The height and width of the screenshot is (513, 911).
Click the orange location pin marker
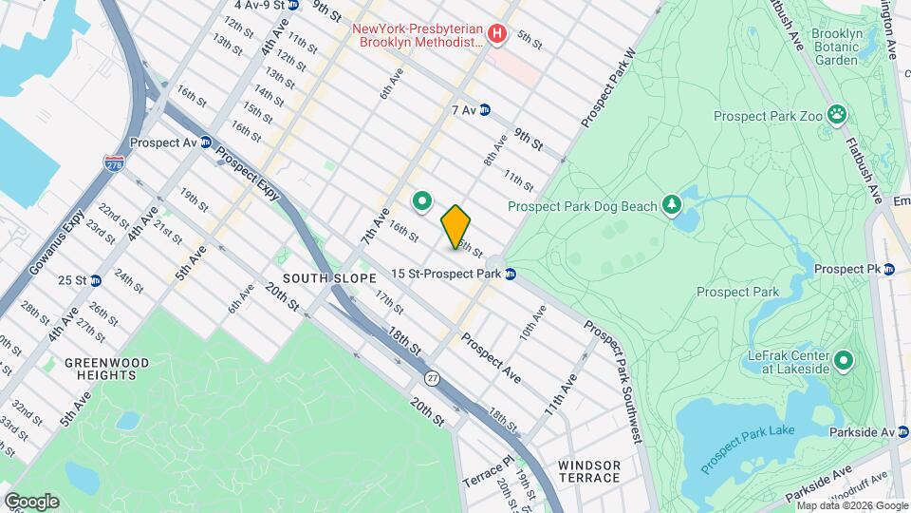[x=456, y=226]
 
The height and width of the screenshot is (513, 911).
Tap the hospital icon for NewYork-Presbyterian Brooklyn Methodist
[x=495, y=34]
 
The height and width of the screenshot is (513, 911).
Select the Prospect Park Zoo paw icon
[x=836, y=116]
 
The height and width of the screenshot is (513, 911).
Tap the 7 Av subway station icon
[x=485, y=110]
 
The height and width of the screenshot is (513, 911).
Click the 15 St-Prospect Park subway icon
[x=511, y=275]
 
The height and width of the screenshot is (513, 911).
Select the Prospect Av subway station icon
[x=205, y=142]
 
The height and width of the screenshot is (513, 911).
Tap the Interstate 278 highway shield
[x=115, y=165]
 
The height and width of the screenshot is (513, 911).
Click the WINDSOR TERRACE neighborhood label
[x=589, y=471]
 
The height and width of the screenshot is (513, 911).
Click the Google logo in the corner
[x=31, y=501]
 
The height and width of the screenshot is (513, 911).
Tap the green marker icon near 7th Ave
[x=422, y=200]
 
